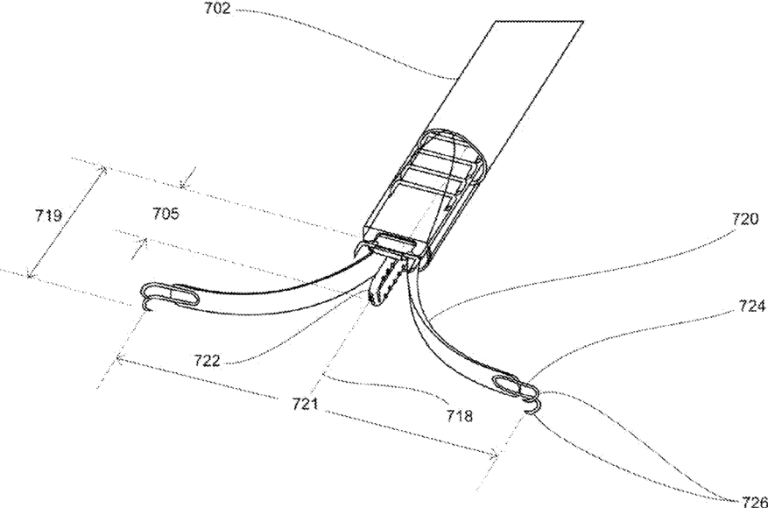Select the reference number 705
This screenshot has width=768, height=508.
pyautogui.click(x=166, y=213)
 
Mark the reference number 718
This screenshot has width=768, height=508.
pyautogui.click(x=457, y=416)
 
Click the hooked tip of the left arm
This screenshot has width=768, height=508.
pyautogui.click(x=144, y=304)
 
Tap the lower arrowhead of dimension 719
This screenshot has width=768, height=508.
pyautogui.click(x=32, y=275)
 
